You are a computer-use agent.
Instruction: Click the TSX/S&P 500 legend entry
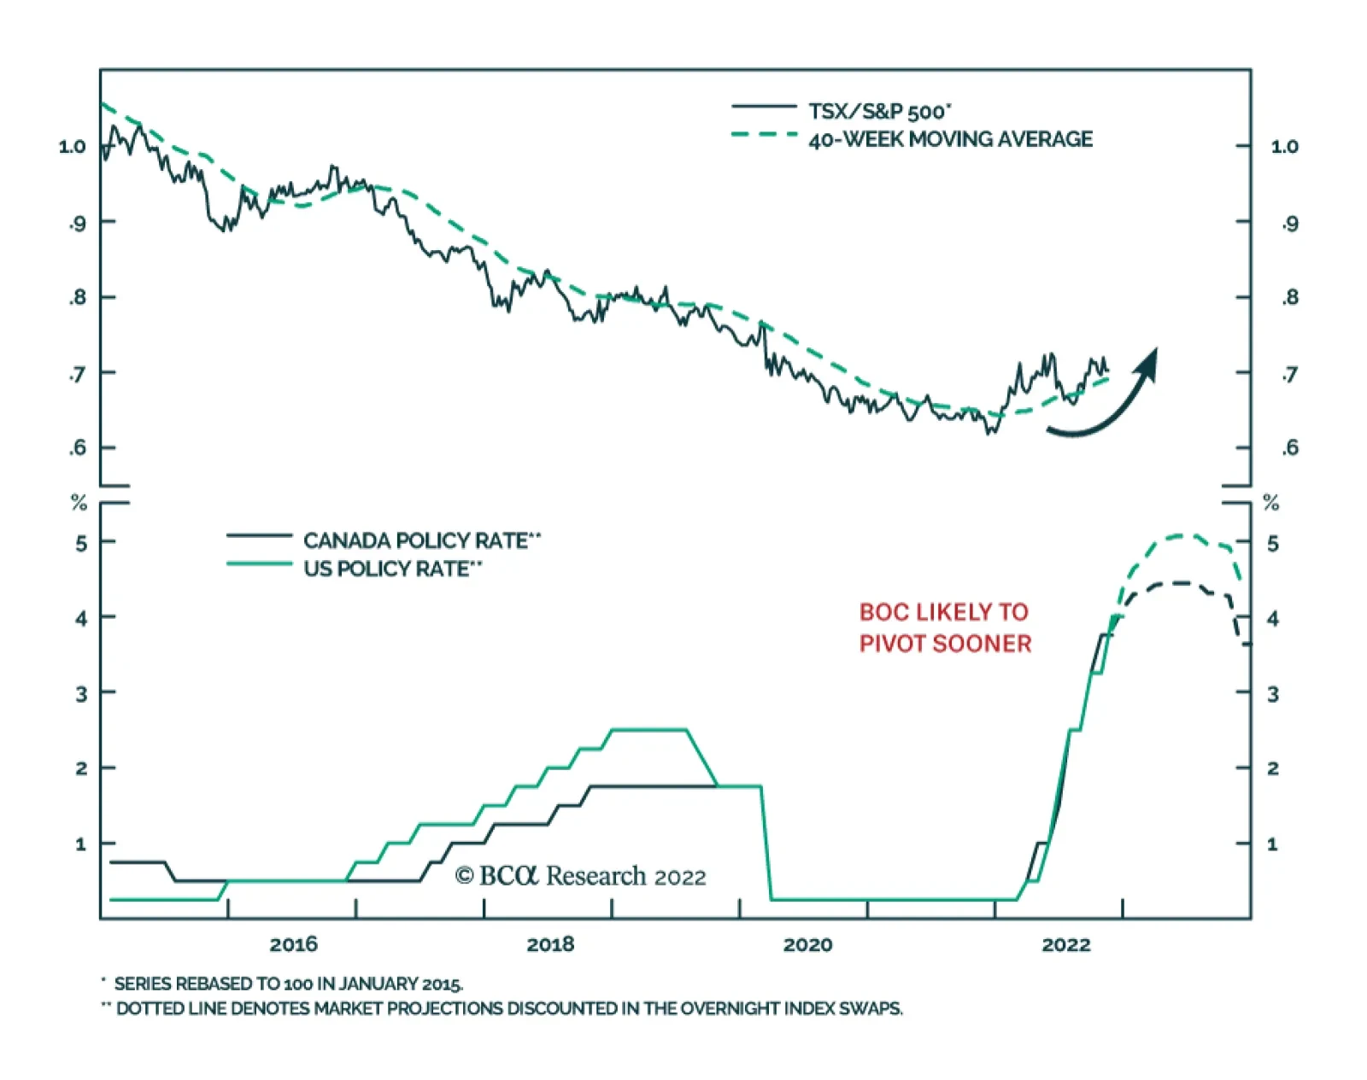pos(879,111)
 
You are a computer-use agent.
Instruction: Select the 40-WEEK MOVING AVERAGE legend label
pos(950,139)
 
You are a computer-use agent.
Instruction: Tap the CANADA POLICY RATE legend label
pos(421,540)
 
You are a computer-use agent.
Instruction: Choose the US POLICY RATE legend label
pos(392,569)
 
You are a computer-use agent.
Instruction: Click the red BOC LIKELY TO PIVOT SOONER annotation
pos(945,628)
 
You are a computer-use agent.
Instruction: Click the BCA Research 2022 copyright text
pos(581,876)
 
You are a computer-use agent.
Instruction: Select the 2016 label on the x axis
pos(293,944)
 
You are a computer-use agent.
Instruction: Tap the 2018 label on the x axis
pos(550,944)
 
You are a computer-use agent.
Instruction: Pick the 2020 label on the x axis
pos(807,944)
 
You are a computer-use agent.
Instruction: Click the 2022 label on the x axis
pos(1065,944)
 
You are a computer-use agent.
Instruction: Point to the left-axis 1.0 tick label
pos(73,146)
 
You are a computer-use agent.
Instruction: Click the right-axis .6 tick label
pos(1289,447)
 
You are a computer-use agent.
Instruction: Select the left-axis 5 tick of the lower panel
pos(81,542)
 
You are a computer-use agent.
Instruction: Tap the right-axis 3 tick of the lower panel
pos(1272,693)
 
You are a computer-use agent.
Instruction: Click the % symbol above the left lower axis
pos(79,503)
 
